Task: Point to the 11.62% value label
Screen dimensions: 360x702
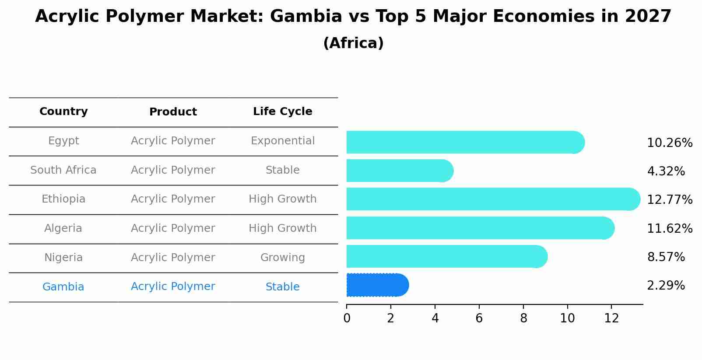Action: [x=669, y=228]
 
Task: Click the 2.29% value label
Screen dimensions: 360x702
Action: [x=665, y=286]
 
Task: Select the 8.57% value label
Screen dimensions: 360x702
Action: [x=665, y=257]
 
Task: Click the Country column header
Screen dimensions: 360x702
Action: [x=63, y=112]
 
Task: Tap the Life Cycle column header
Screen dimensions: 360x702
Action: [x=282, y=112]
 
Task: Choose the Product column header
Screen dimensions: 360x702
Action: [x=173, y=112]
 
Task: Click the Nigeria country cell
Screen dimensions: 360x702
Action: [x=63, y=258]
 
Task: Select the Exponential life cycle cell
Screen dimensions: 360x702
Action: [x=282, y=141]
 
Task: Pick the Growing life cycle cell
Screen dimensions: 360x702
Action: [x=282, y=258]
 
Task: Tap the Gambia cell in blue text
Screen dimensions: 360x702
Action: [x=63, y=287]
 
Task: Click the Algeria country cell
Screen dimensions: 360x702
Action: [x=63, y=228]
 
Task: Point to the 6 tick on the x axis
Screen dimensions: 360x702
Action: [x=479, y=318]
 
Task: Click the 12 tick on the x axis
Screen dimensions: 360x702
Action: [x=611, y=318]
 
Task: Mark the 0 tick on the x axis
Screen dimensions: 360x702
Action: [x=347, y=318]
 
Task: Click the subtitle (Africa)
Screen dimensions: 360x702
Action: [x=353, y=43]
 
